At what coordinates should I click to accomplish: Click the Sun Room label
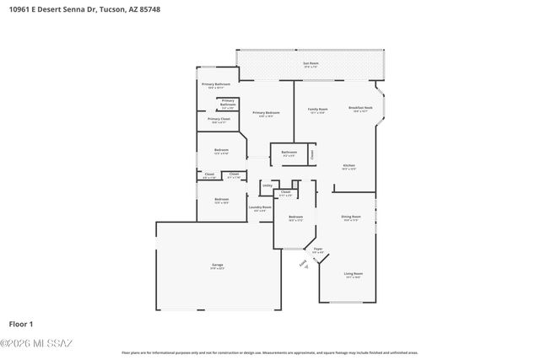pyautogui.click(x=310, y=63)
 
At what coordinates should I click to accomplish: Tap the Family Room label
pyautogui.click(x=317, y=109)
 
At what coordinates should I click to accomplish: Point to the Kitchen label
pyautogui.click(x=348, y=165)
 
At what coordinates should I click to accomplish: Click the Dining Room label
pyautogui.click(x=350, y=217)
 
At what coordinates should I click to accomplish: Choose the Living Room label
pyautogui.click(x=353, y=274)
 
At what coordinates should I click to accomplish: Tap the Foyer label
pyautogui.click(x=318, y=249)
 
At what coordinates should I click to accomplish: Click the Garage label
pyautogui.click(x=218, y=266)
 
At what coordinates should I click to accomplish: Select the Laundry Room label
pyautogui.click(x=260, y=207)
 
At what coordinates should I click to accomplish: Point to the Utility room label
pyautogui.click(x=267, y=185)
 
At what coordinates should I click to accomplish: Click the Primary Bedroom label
pyautogui.click(x=266, y=113)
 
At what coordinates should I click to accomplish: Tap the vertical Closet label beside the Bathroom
pyautogui.click(x=312, y=154)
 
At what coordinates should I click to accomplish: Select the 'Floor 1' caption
pyautogui.click(x=21, y=324)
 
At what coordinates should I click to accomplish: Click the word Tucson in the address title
pyautogui.click(x=112, y=10)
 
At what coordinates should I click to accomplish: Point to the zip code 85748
pyautogui.click(x=148, y=10)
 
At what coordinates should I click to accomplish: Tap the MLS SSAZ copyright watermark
pyautogui.click(x=36, y=343)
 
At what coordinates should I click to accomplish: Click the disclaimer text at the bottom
pyautogui.click(x=270, y=352)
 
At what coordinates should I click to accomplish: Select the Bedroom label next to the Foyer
pyautogui.click(x=295, y=218)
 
